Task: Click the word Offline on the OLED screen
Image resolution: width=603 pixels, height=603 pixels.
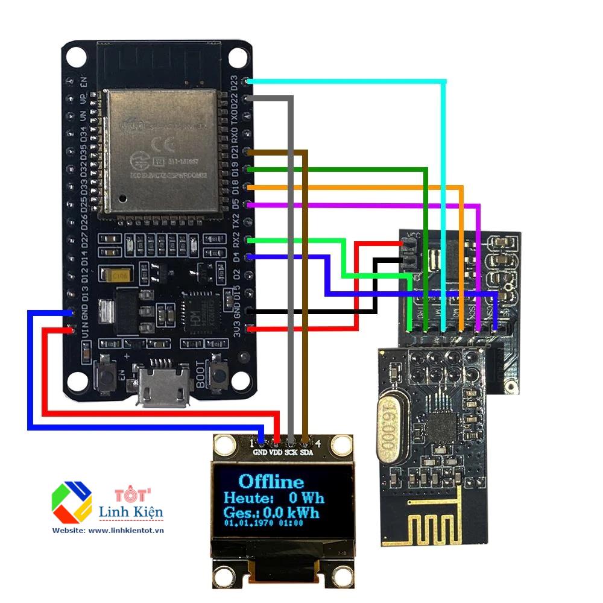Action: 271,481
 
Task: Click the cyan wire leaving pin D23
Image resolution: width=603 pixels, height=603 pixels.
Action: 362,80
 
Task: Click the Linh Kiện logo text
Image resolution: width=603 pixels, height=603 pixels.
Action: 130,513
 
